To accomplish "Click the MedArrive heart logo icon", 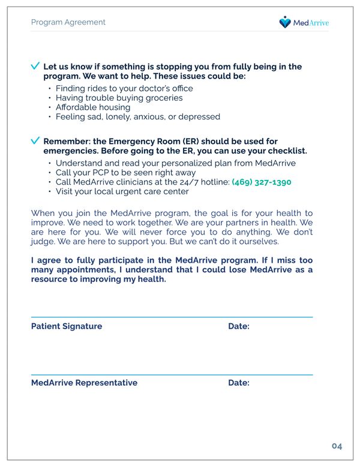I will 285,22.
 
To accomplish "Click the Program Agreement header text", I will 68,22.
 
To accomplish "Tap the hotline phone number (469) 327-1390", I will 261,182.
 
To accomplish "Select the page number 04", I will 337,446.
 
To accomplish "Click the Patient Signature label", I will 67,326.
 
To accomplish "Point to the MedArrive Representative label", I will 84,383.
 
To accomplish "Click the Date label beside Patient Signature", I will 238,326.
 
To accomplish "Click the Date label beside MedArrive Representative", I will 238,383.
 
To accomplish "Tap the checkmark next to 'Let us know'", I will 35,66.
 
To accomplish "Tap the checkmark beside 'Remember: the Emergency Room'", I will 35,140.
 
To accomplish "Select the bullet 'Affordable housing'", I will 92,107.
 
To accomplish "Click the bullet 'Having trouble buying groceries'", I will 119,98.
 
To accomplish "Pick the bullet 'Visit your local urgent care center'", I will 122,191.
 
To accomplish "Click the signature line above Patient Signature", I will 172,317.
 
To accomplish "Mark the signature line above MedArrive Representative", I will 172,374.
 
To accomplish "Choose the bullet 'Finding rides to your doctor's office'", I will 124,88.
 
